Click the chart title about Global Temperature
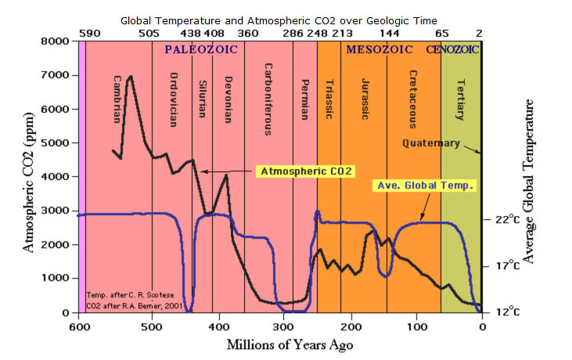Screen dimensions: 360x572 (286, 19)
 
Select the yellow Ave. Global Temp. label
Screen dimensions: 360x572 (424, 187)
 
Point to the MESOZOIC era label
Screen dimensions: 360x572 (380, 49)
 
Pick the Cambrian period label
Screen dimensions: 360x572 (117, 98)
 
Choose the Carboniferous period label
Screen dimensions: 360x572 (267, 99)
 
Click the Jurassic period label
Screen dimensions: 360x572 (365, 98)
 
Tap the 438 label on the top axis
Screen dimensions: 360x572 (190, 34)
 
